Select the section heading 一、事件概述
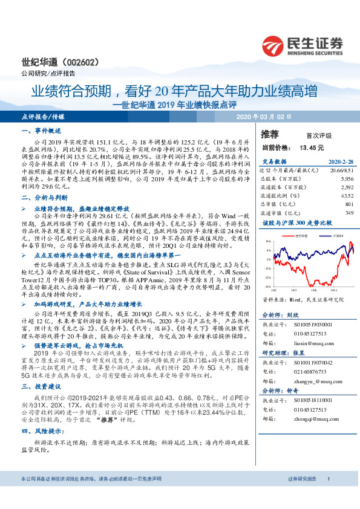tap(41, 131)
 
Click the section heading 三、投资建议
tap(41, 385)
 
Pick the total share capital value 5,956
tap(345, 180)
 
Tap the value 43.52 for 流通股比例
tap(345, 195)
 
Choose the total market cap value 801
tap(348, 203)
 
